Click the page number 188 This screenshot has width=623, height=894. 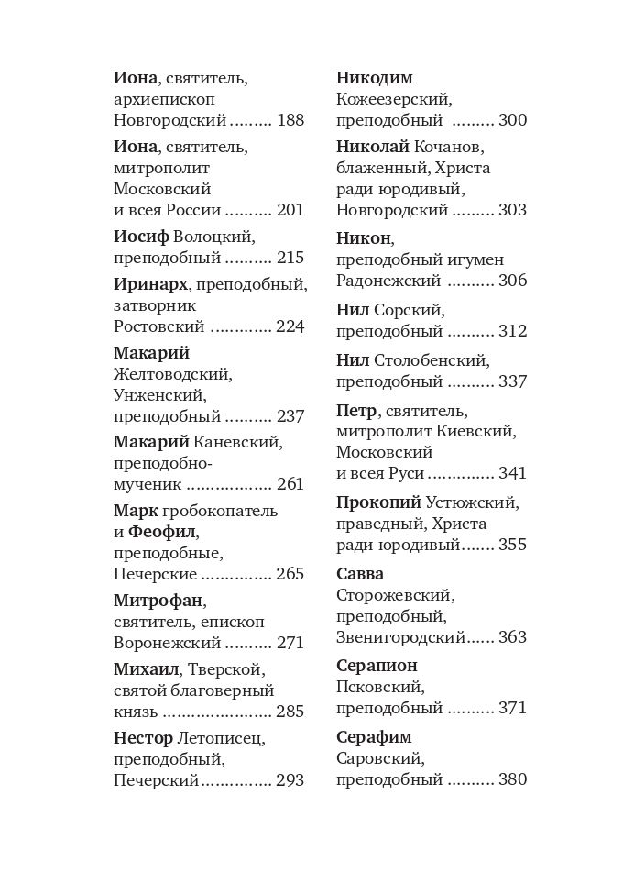[290, 120]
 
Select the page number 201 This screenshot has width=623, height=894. [290, 210]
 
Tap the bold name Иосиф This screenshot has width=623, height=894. [141, 236]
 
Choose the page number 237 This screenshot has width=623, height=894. [290, 416]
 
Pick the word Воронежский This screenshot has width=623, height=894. [168, 643]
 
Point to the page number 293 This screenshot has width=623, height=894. [290, 780]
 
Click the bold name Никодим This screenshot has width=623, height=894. [375, 78]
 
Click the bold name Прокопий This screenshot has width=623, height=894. [378, 502]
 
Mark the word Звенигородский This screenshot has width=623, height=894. [401, 636]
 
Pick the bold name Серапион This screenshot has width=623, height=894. [377, 666]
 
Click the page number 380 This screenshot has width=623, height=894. [513, 780]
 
